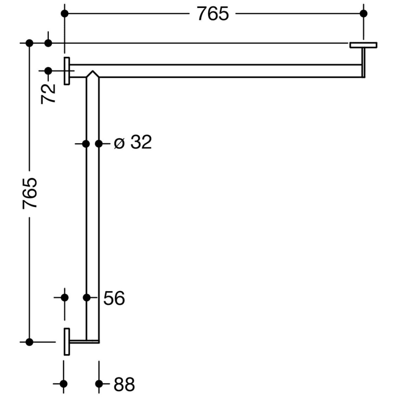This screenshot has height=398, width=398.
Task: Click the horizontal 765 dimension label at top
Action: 213,14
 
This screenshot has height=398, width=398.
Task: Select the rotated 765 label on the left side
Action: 30,193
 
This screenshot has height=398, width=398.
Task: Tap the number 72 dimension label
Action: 49,92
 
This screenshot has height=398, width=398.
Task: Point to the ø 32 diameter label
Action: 132,143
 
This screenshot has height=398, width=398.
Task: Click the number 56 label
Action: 114,297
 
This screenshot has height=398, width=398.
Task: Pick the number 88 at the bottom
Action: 124,384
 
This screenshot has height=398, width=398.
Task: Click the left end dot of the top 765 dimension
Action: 64,13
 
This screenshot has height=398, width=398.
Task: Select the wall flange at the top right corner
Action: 363,44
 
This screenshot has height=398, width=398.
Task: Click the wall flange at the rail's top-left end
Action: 67,71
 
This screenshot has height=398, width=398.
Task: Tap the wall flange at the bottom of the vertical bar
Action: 67,342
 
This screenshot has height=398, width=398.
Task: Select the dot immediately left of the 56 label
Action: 87,297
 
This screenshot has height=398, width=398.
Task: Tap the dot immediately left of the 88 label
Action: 99,384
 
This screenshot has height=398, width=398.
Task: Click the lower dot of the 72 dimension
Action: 48,71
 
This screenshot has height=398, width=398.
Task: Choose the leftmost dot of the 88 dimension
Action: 64,384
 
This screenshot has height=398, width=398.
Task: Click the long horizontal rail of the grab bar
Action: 227,71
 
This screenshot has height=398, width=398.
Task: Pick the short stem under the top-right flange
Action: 363,61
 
